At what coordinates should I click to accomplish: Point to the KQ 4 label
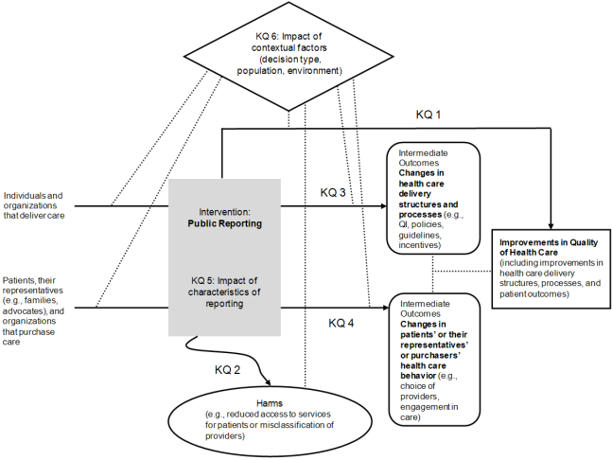pos(341,323)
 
